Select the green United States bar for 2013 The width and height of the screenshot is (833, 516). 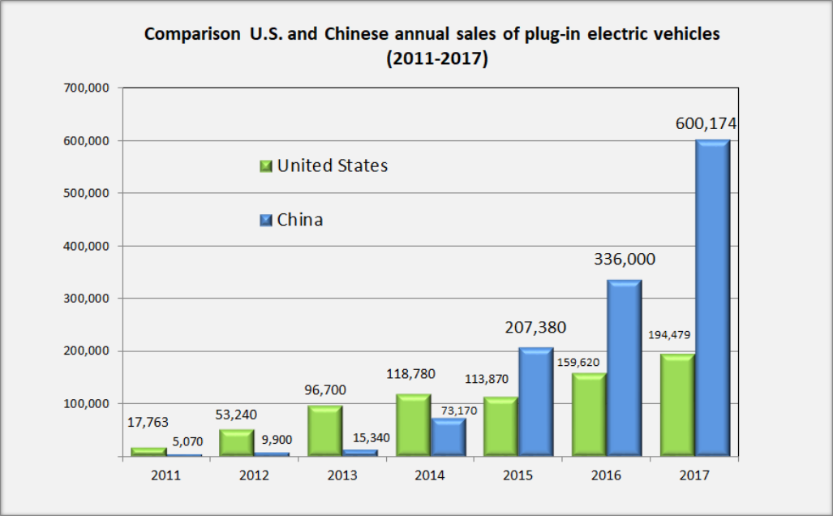pyautogui.click(x=324, y=431)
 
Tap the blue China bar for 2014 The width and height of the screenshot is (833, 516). pyautogui.click(x=448, y=437)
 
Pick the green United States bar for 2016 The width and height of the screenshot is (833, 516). pyautogui.click(x=590, y=415)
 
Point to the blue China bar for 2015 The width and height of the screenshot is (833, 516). pyautogui.click(x=536, y=402)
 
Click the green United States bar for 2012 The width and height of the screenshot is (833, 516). pyautogui.click(x=236, y=443)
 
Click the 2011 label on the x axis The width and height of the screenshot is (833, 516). pyautogui.click(x=165, y=475)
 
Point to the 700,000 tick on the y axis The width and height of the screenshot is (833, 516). pyautogui.click(x=88, y=88)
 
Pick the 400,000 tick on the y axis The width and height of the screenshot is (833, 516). pyautogui.click(x=88, y=246)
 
